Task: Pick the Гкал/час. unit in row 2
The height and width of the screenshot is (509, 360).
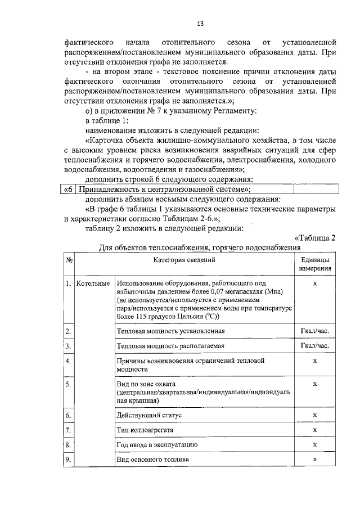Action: [x=314, y=330]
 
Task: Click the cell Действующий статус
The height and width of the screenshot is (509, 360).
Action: [x=149, y=415]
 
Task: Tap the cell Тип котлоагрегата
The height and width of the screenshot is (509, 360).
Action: [x=145, y=430]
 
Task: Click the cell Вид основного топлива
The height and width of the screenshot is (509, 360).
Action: [x=152, y=460]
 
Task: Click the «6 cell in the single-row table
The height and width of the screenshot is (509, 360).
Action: [x=67, y=190]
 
